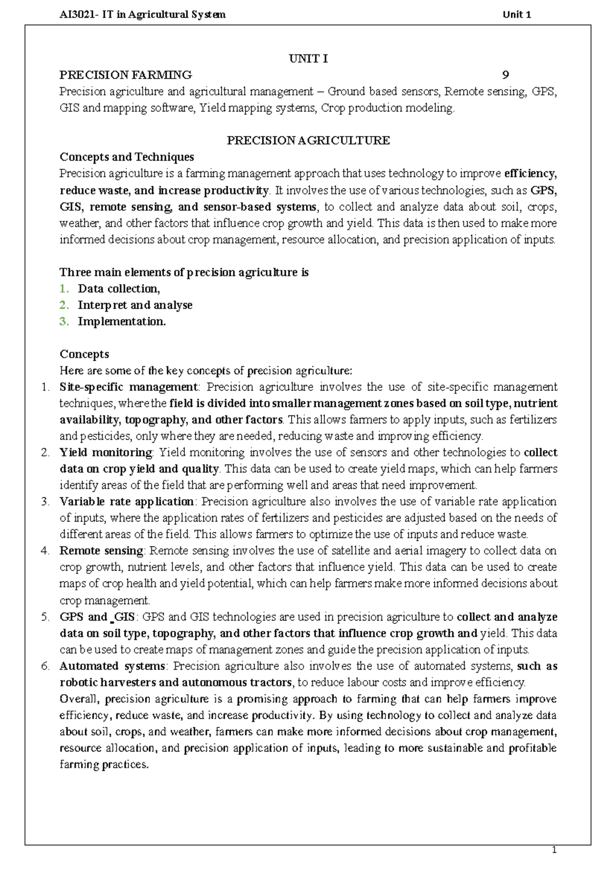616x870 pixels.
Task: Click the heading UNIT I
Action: coord(308,59)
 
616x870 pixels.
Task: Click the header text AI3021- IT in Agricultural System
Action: coord(143,14)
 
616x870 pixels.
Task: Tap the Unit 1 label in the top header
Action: coord(516,14)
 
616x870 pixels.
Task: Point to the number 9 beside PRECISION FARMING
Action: coord(506,75)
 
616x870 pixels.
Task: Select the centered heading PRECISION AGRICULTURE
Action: coord(308,141)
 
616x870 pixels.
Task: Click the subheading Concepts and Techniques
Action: coord(127,157)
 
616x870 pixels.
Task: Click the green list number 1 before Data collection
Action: coord(64,289)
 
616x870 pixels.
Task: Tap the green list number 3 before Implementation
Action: coord(64,322)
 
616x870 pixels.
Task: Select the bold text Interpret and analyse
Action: coord(135,305)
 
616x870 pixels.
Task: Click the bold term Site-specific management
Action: coord(128,387)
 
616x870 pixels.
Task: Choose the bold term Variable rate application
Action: coord(126,502)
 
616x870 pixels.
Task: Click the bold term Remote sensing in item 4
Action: coord(101,551)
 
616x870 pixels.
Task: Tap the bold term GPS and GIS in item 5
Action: coord(97,617)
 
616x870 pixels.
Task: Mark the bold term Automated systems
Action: coord(112,666)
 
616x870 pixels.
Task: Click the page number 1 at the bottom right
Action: coord(554,851)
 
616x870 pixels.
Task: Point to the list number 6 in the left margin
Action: coord(45,666)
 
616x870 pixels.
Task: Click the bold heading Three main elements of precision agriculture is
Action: coord(184,272)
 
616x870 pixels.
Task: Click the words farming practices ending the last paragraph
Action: coord(104,765)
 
